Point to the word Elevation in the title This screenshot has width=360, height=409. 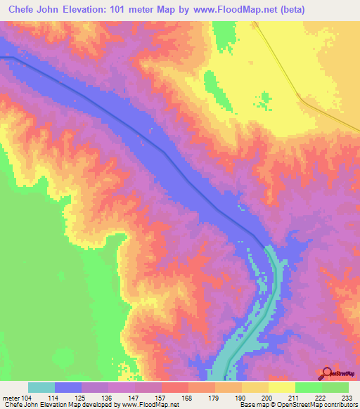(x=92, y=10)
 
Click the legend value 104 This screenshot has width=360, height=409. (x=28, y=398)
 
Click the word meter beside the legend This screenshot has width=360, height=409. (x=10, y=398)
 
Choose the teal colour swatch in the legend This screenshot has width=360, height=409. (x=41, y=387)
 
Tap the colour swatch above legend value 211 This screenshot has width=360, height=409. (x=281, y=387)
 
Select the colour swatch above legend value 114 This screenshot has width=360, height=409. (x=68, y=387)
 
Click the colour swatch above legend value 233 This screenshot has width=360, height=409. (x=335, y=387)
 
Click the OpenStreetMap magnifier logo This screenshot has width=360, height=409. (x=326, y=372)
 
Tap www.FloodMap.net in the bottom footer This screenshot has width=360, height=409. (x=149, y=405)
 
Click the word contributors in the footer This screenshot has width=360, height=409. (x=339, y=405)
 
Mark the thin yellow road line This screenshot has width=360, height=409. (x=281, y=70)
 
